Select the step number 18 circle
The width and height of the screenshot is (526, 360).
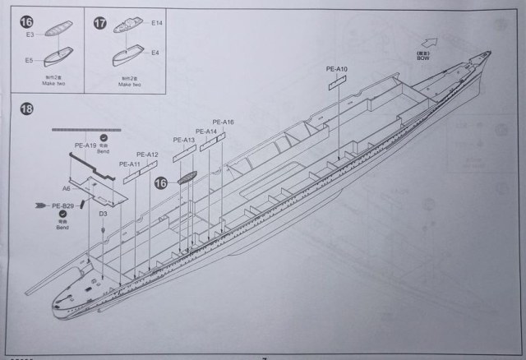coord(27,109)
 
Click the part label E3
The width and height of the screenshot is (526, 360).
coord(30,36)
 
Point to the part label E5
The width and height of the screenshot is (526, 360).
coord(30,60)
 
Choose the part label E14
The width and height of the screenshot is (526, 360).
coord(157,24)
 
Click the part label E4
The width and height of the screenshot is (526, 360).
coord(156,53)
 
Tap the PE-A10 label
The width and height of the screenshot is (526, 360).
coord(337,69)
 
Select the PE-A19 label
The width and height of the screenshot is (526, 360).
coord(85,145)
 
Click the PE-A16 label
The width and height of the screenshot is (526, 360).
coord(224,122)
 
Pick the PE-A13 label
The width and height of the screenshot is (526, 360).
coord(184,141)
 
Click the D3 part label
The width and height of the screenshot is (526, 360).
coord(103,214)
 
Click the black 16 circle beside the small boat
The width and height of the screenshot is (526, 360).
coord(163,183)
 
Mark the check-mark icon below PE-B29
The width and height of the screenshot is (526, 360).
coord(62,215)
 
